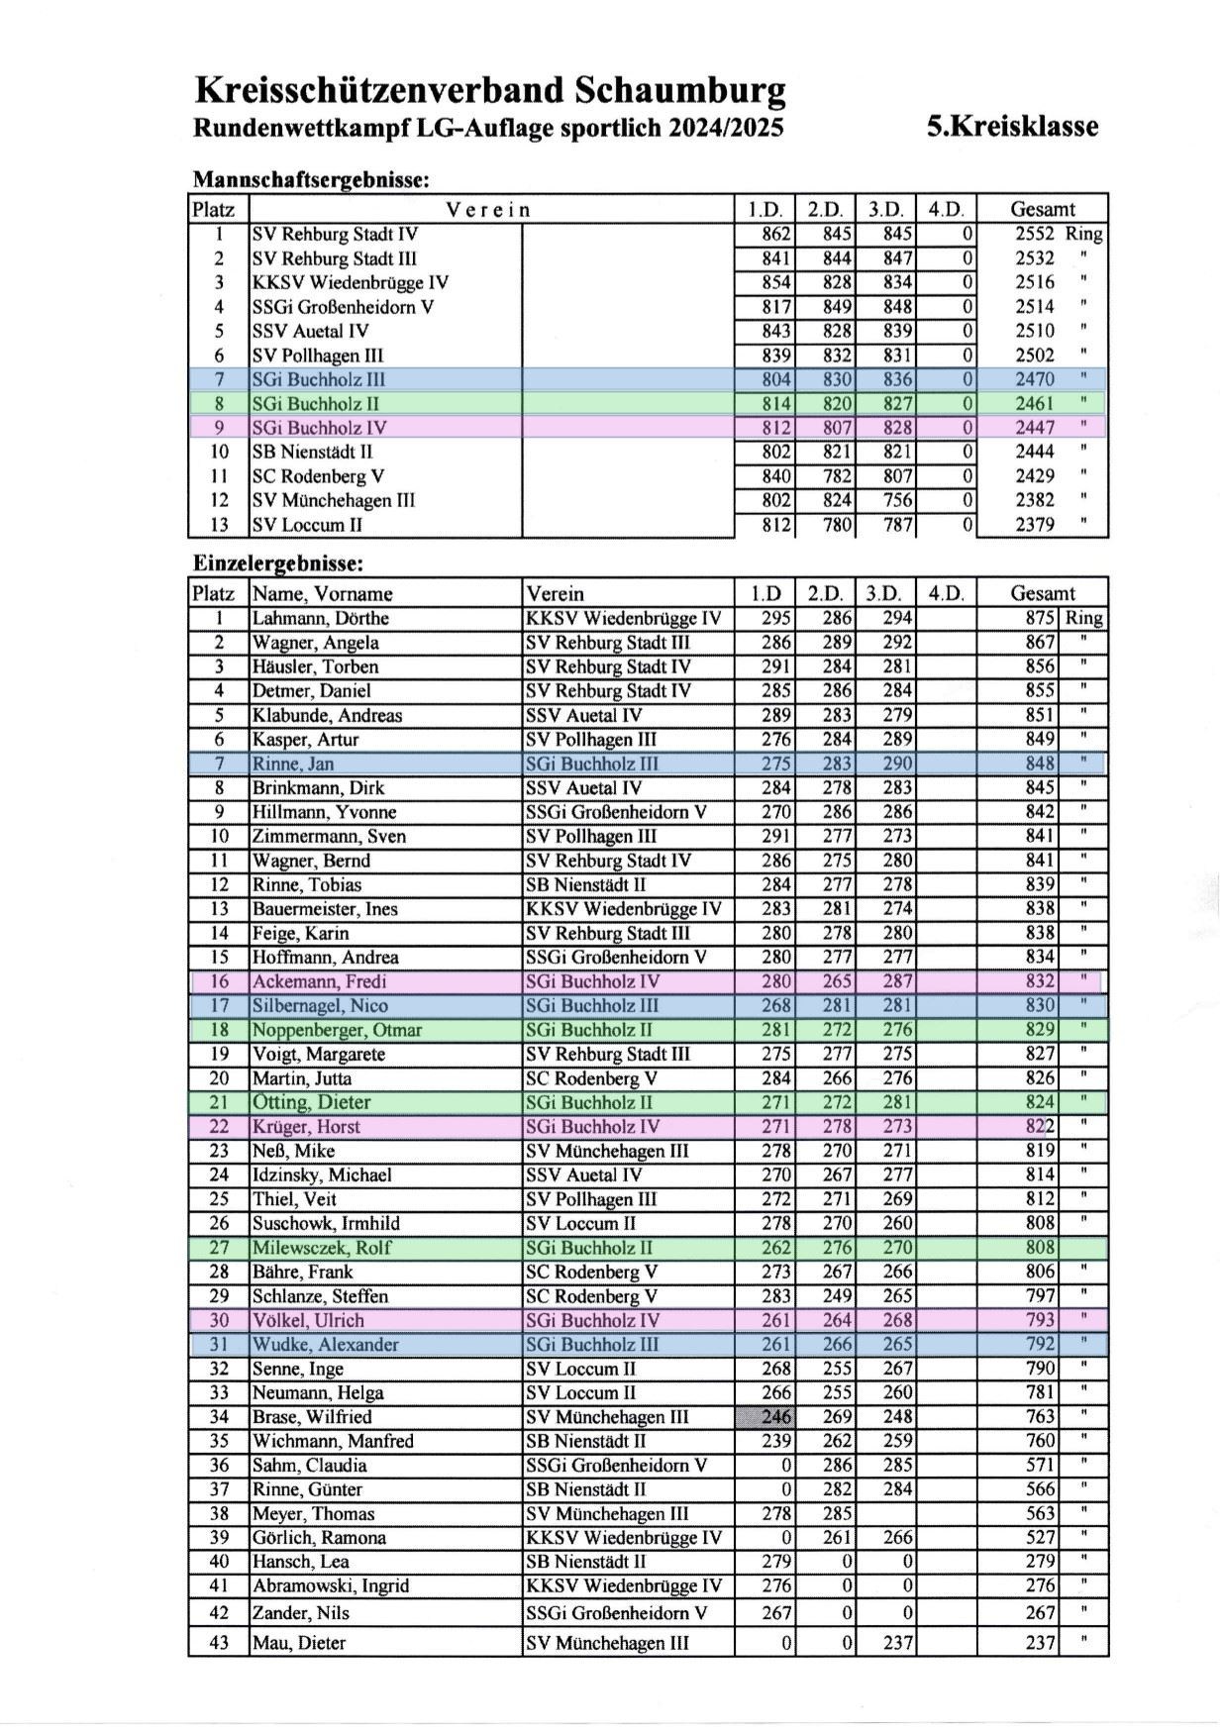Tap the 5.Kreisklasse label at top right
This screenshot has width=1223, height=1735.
pyautogui.click(x=1012, y=127)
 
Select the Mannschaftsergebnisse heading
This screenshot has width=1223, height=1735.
pyautogui.click(x=310, y=180)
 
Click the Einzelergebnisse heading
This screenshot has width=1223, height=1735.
pyautogui.click(x=278, y=563)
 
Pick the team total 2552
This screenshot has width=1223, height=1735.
pyautogui.click(x=1034, y=235)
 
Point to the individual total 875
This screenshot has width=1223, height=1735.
pyautogui.click(x=1040, y=619)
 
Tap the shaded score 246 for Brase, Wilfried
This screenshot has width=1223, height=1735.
pyautogui.click(x=776, y=1417)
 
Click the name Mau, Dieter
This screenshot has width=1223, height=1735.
pyautogui.click(x=298, y=1643)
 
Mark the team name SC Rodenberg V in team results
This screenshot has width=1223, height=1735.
pyautogui.click(x=318, y=476)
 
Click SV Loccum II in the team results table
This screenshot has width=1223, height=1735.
pyautogui.click(x=307, y=525)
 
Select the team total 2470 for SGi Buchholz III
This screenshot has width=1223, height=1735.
pyautogui.click(x=1034, y=379)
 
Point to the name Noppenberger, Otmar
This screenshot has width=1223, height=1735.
pyautogui.click(x=337, y=1030)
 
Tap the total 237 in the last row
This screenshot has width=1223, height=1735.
pyautogui.click(x=1040, y=1643)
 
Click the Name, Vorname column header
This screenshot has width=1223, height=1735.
pyautogui.click(x=322, y=594)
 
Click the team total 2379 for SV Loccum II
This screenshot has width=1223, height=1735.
pyautogui.click(x=1034, y=525)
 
